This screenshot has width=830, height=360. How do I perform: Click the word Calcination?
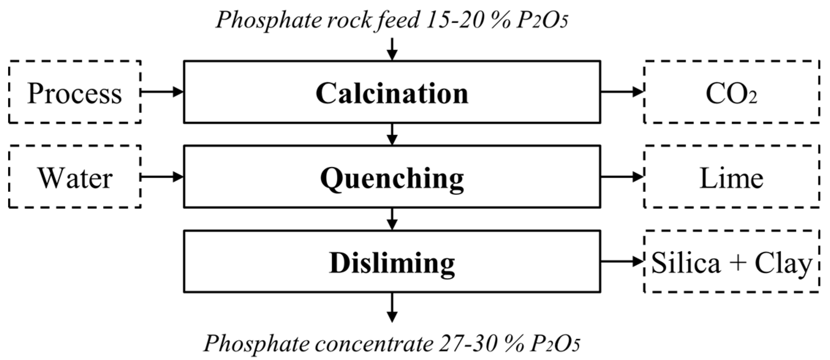[392, 93]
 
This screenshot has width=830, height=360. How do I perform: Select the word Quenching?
[392, 179]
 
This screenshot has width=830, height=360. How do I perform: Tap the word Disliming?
[392, 263]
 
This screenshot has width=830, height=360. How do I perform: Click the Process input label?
[75, 93]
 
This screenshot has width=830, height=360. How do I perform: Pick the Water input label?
[75, 178]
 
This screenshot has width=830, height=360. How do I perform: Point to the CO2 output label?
[731, 94]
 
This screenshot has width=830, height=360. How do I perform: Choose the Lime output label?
[731, 178]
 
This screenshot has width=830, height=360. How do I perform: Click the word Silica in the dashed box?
[686, 263]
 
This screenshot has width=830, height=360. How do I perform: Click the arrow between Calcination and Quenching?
[392, 134]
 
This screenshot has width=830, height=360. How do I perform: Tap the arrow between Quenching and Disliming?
[392, 219]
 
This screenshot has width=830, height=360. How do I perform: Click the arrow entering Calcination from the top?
[392, 49]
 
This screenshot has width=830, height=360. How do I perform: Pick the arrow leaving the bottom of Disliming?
[392, 307]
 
